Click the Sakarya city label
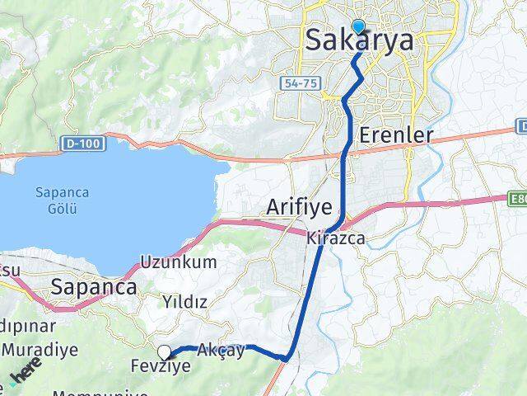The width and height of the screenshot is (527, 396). click(x=359, y=40)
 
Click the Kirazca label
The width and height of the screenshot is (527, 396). click(x=335, y=239)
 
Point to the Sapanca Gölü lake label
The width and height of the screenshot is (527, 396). click(x=56, y=199)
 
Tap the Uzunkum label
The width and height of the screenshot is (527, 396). click(x=179, y=262)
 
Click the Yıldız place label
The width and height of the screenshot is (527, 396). click(x=184, y=302)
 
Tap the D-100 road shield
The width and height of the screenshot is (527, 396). click(x=73, y=144)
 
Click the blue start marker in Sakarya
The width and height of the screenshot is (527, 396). click(x=357, y=26)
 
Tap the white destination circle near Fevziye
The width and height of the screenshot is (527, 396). click(x=165, y=352)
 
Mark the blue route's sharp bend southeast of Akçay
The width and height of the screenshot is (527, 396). click(x=285, y=358)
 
